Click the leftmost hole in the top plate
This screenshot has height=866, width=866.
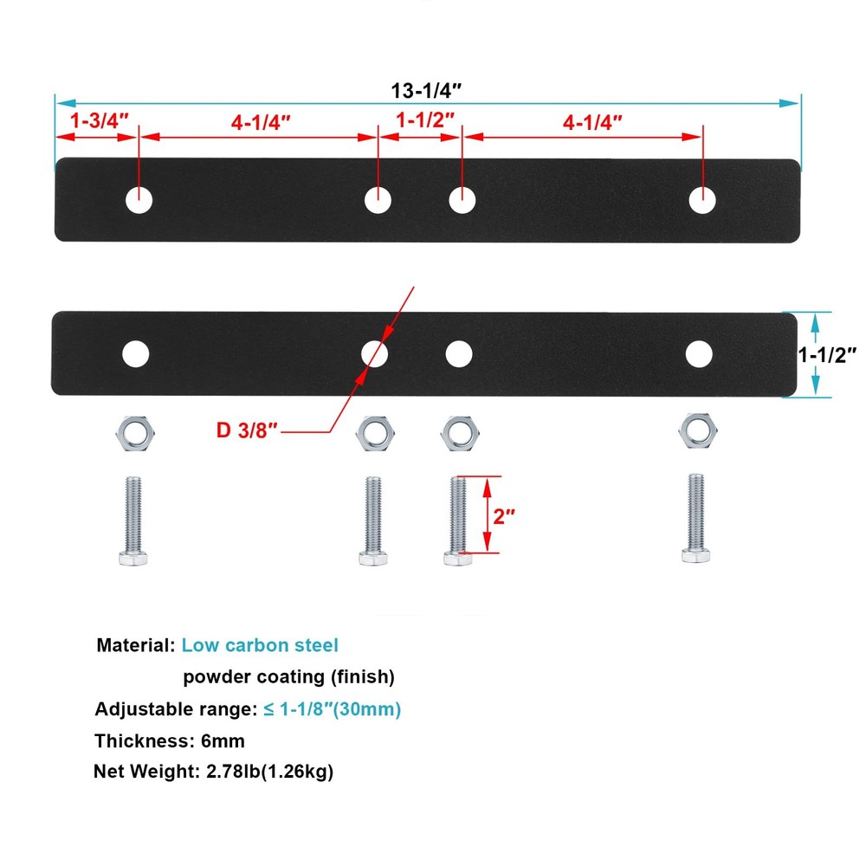click(x=139, y=200)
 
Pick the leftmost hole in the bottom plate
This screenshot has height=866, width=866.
click(x=135, y=353)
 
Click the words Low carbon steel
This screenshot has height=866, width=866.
click(x=260, y=645)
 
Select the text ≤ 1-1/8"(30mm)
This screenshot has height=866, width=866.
click(x=332, y=709)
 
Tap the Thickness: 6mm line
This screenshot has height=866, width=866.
click(x=170, y=740)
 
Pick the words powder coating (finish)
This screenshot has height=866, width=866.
click(x=288, y=676)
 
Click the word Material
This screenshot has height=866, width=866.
click(x=134, y=645)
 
